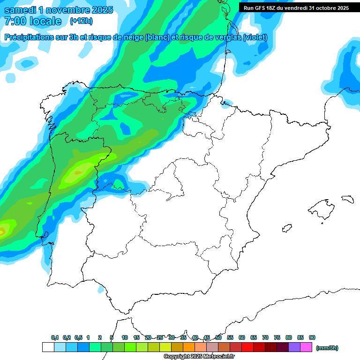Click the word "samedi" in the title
[x=19, y=10]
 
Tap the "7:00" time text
[x=15, y=21]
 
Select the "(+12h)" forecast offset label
[x=81, y=21]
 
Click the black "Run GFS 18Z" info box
[x=296, y=7]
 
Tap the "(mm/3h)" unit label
[x=327, y=348]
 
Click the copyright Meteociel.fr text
[x=199, y=357]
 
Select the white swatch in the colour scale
[x=48, y=347]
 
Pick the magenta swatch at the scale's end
[x=306, y=347]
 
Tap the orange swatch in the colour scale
[x=189, y=347]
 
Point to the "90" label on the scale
[x=312, y=338]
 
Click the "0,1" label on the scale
[x=55, y=338]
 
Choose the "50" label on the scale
[x=218, y=338]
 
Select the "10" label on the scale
[x=125, y=338]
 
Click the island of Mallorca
[x=321, y=207]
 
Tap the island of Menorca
[x=347, y=199]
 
